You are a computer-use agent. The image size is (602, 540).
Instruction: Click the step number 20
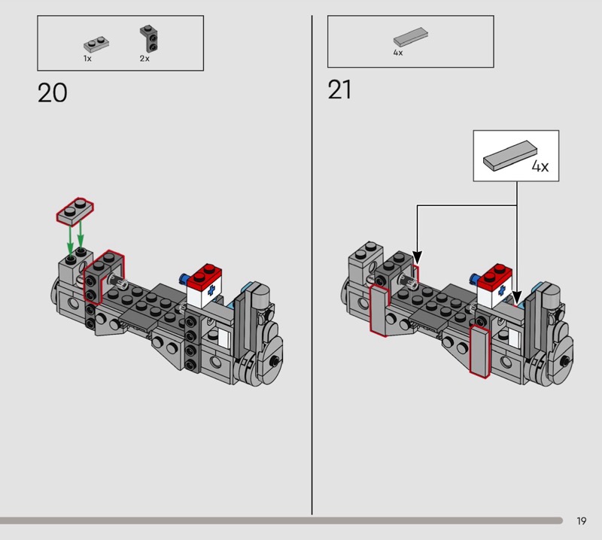coord(52,93)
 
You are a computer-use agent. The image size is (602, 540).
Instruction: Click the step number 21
coord(339,89)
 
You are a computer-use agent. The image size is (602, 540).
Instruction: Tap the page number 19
coord(581,520)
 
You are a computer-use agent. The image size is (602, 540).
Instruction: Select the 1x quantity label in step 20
coord(87,59)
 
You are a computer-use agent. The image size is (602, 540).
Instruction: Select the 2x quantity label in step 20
coord(144,59)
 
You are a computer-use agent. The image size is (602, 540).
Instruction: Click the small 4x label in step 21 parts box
coord(398,53)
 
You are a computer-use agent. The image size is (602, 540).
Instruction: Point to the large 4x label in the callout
coord(540,166)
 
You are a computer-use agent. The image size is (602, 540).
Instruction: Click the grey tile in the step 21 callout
coord(510,155)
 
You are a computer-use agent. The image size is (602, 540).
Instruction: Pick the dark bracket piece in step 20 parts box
coord(149,39)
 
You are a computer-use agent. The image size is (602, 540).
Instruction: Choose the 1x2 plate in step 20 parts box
coord(96,44)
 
